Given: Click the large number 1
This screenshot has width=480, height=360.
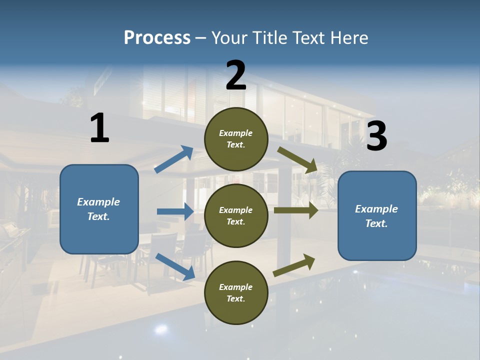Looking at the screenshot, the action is (99, 128).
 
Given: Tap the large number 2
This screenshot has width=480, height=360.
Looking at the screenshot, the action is (236, 75).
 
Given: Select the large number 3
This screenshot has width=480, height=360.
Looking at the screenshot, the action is (376, 136).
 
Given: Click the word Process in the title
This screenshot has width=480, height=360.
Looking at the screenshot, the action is (157, 37).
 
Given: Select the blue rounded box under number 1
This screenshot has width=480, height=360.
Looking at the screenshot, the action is (99, 209).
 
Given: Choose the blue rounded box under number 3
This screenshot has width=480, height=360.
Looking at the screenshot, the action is (377, 216).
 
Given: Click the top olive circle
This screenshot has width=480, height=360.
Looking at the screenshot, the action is (236, 139).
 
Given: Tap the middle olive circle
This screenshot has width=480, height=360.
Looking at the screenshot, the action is (236, 216).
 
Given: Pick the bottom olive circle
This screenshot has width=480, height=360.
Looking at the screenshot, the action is (236, 293).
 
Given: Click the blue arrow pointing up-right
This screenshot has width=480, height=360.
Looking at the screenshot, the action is (174, 159).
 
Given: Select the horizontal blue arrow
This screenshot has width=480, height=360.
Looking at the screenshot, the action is (175, 212).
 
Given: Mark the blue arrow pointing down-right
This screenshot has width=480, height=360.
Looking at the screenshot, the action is (175, 266).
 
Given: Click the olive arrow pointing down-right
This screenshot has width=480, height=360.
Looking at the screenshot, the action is (297, 159).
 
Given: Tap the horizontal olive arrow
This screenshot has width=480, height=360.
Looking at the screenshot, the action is (295, 210).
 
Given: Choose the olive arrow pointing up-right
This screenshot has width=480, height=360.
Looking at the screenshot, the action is (294, 265).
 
